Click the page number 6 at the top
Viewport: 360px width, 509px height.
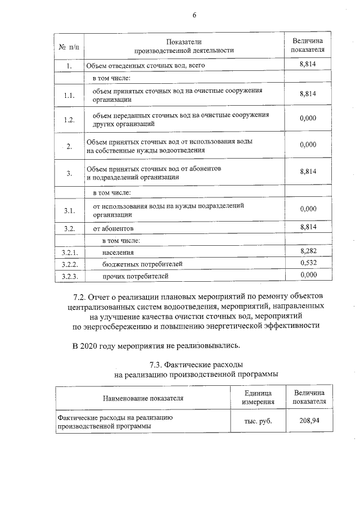tap(194, 15)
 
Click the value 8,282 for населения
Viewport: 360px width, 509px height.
tap(308, 251)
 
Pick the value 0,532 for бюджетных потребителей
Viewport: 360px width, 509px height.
tap(308, 263)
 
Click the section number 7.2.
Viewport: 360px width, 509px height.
tap(81, 296)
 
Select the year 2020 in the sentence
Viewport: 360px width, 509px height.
tap(92, 344)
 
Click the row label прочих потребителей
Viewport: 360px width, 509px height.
tap(135, 276)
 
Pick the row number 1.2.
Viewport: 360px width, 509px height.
tap(69, 120)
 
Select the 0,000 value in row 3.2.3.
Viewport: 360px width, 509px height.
tap(308, 275)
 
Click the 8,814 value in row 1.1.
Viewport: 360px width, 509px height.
tap(308, 94)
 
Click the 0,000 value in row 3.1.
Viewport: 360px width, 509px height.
tap(308, 209)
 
